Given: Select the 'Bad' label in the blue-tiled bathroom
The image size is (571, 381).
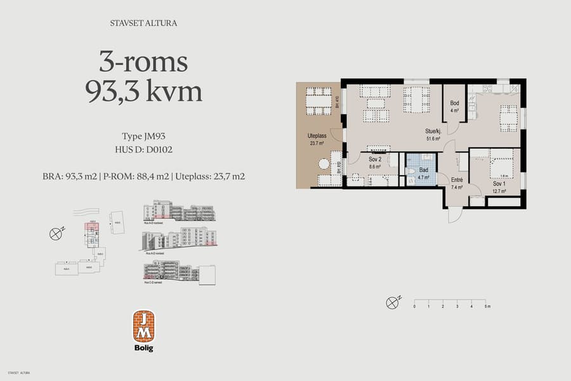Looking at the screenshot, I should tap(422, 170).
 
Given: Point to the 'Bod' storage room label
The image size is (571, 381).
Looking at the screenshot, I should tap(454, 103).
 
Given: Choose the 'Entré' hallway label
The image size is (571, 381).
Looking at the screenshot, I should tap(456, 180).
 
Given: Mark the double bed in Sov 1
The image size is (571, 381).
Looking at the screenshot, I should tap(503, 163).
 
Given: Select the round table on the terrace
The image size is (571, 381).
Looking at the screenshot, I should tap(324, 164).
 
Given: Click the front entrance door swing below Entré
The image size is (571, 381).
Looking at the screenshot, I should tap(455, 215).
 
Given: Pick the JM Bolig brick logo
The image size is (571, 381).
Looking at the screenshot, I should tap(143, 326).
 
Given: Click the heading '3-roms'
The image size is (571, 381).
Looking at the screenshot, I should tap(143, 62).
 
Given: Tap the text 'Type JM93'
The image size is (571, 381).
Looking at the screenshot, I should tap(143, 136).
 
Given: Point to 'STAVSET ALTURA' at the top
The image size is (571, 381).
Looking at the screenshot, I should tap(143, 24).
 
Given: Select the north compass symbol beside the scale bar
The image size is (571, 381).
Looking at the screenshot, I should tap(393, 302).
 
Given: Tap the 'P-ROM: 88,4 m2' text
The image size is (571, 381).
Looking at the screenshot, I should tap(136, 176).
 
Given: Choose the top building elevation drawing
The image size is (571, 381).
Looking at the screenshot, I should tap(179, 211).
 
